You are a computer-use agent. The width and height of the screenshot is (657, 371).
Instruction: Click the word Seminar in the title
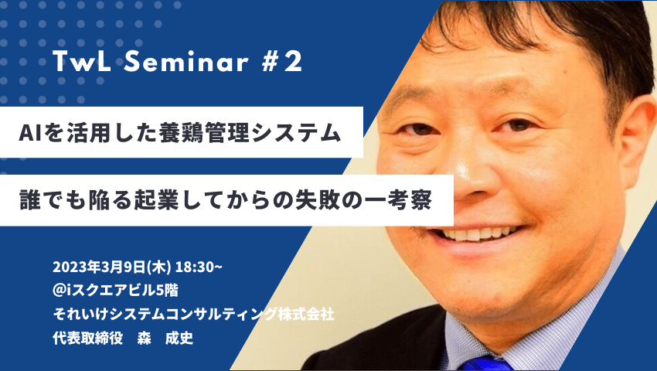point(186,62)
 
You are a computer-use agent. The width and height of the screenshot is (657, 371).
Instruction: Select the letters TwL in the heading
point(82,62)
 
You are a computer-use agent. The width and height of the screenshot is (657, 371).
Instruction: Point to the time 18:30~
point(199,267)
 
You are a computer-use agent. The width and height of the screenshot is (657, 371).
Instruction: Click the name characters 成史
point(179,338)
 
